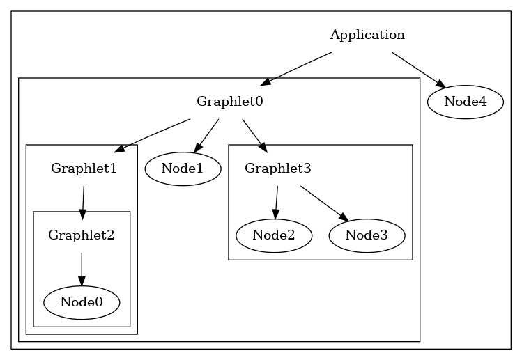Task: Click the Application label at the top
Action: (x=367, y=35)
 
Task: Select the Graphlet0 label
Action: (x=229, y=102)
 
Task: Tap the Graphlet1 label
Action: (x=84, y=169)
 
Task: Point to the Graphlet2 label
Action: (x=81, y=235)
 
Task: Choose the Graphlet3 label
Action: (x=277, y=169)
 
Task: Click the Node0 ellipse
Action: (x=82, y=302)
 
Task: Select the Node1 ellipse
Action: (x=183, y=169)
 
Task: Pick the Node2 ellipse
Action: (x=274, y=235)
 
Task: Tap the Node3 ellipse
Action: (x=366, y=235)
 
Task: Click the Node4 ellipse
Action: (x=465, y=102)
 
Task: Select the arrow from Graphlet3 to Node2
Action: (x=276, y=202)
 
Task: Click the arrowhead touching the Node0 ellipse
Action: (x=82, y=282)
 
